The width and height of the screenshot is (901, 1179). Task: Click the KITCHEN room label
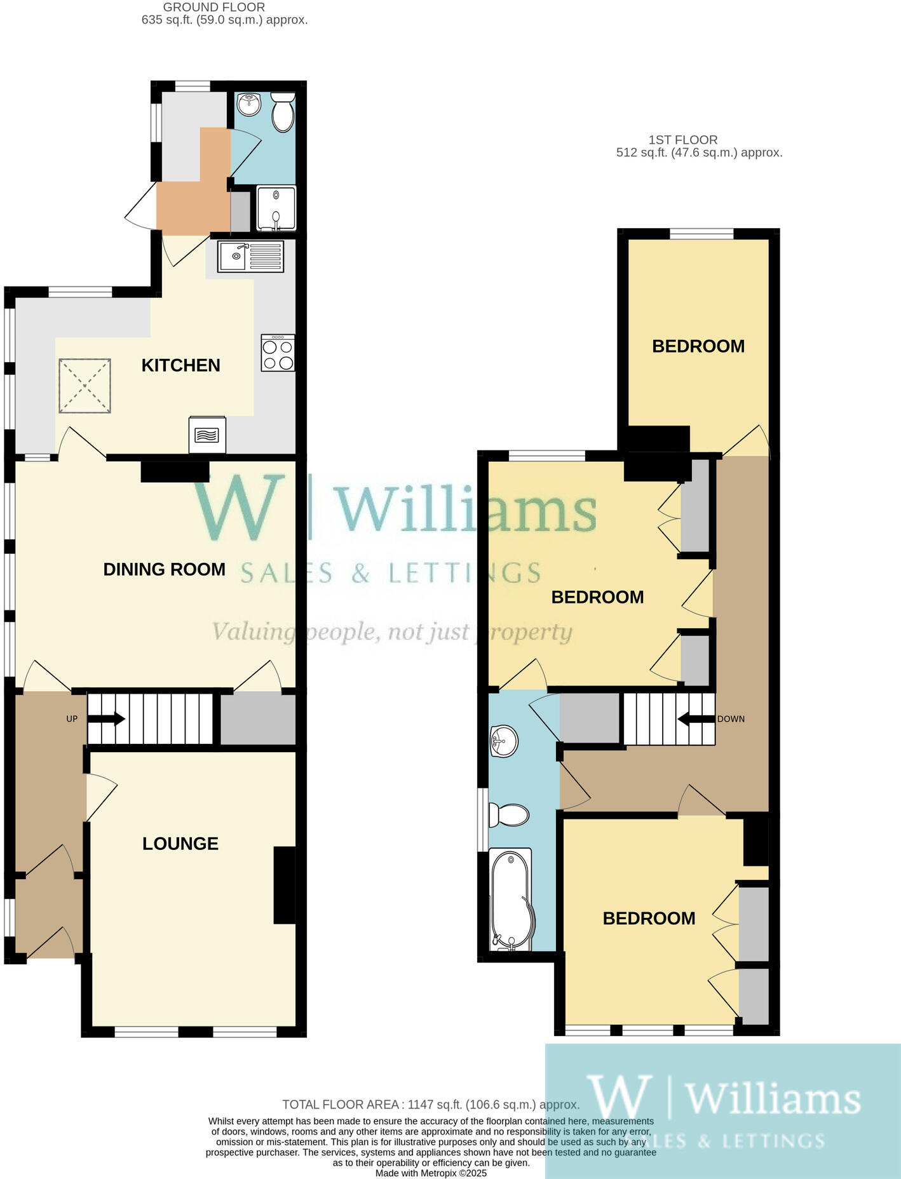tap(180, 365)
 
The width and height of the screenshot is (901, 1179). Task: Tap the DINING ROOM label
tap(164, 569)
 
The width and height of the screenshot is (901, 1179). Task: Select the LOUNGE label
tap(180, 844)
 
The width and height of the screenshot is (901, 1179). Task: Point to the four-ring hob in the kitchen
tap(278, 353)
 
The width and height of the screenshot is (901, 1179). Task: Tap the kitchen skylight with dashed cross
tap(85, 386)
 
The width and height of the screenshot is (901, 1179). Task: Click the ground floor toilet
tap(283, 112)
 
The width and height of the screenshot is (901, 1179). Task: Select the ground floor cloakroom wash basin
tap(248, 104)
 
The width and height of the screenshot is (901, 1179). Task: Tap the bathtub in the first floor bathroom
tap(511, 900)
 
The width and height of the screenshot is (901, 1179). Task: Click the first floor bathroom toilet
tap(509, 815)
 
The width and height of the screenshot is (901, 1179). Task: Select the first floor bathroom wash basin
tap(504, 741)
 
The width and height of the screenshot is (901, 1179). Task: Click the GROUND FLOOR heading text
tap(214, 8)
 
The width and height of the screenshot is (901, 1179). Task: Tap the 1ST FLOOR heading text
tap(683, 140)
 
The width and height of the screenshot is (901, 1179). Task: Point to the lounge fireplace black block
tap(285, 884)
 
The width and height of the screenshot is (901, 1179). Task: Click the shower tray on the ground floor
tap(276, 208)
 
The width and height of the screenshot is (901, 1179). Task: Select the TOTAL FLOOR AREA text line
tap(431, 1105)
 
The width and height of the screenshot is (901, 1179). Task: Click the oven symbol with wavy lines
tap(207, 435)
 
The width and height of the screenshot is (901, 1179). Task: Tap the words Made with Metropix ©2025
tap(431, 1173)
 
